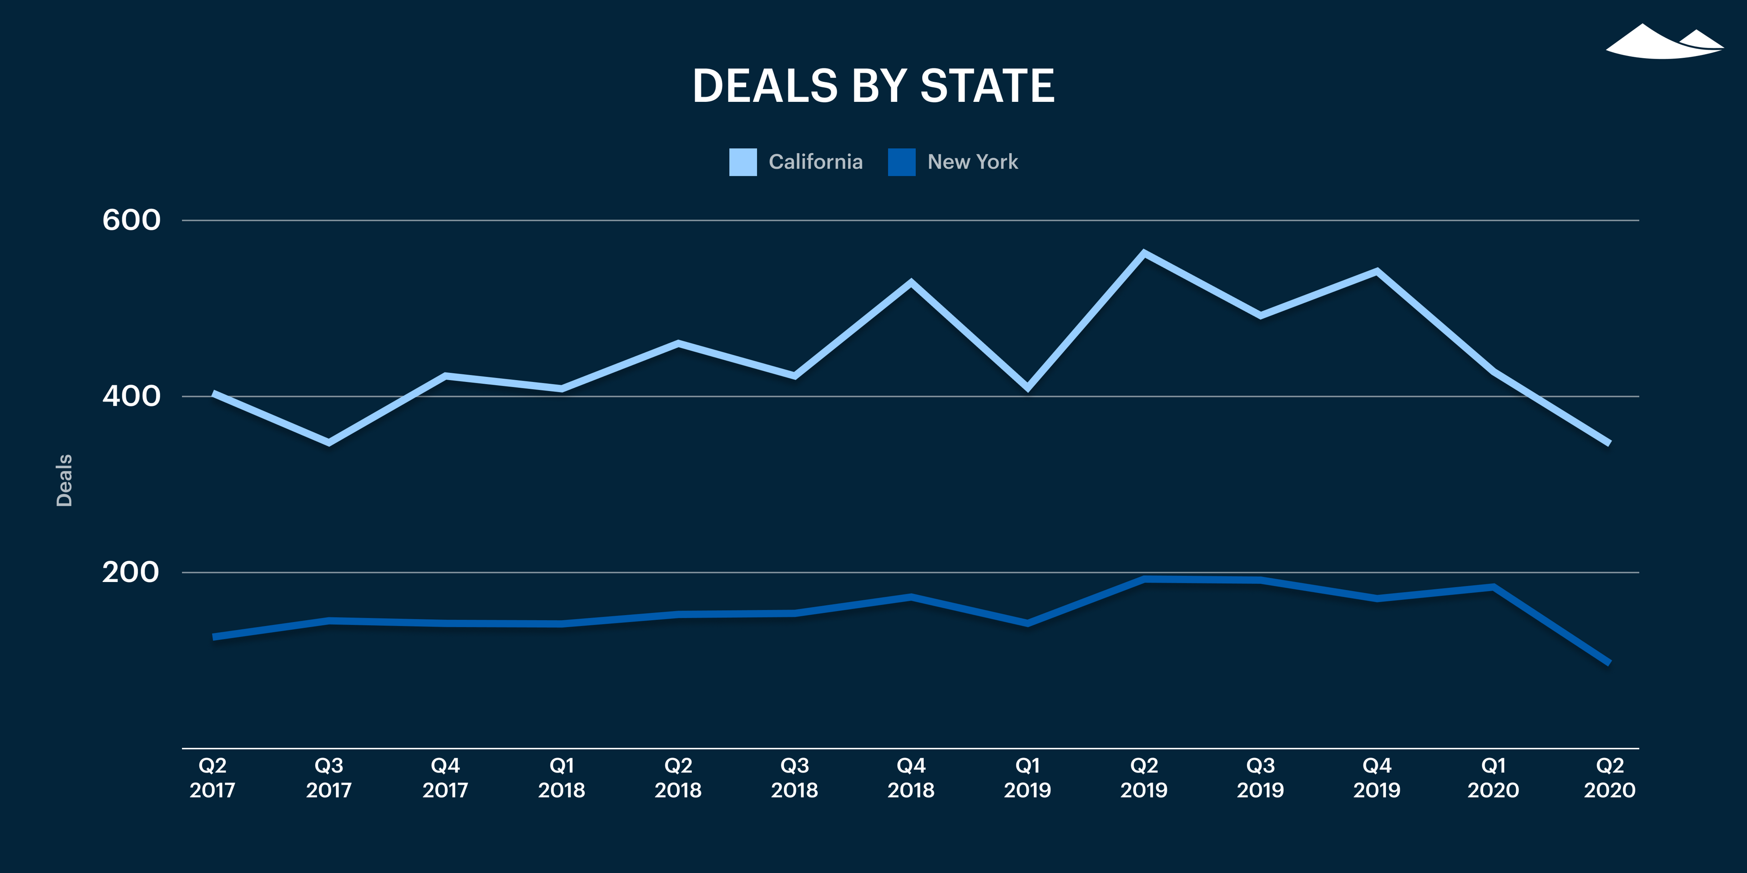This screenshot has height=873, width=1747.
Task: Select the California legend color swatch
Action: [742, 162]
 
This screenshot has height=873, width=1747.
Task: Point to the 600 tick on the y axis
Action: [131, 220]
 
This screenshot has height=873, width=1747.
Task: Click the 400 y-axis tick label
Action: [131, 396]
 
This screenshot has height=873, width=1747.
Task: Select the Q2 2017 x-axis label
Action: [212, 778]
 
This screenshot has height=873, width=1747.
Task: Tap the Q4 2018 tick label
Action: [911, 778]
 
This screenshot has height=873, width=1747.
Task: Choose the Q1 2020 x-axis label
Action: [1493, 778]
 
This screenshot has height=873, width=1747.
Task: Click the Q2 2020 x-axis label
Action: [1609, 778]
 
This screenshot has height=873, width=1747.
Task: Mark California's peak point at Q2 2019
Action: [1144, 254]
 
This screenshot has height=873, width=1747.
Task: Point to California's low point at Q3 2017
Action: [329, 442]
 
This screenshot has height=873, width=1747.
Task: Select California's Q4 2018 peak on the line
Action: [911, 282]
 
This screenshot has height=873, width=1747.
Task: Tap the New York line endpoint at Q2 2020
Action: [1609, 662]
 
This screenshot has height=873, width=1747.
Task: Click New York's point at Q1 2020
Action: [1493, 587]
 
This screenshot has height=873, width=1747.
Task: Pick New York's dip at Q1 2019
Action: [1027, 623]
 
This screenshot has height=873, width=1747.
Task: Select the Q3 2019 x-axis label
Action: [1260, 778]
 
